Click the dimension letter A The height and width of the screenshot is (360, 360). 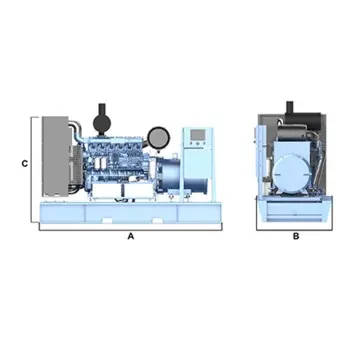pyautogui.click(x=130, y=238)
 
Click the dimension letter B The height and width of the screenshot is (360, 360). pyautogui.click(x=296, y=238)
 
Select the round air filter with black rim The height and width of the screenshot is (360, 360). pyautogui.click(x=156, y=135)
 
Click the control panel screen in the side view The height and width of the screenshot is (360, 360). pyautogui.click(x=196, y=136)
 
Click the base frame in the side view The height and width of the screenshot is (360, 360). pyautogui.click(x=130, y=213)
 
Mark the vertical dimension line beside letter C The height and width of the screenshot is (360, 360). pyautogui.click(x=37, y=160)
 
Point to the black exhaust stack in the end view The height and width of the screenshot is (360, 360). pyautogui.click(x=290, y=107)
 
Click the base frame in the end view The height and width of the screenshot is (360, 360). pyautogui.click(x=296, y=212)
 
